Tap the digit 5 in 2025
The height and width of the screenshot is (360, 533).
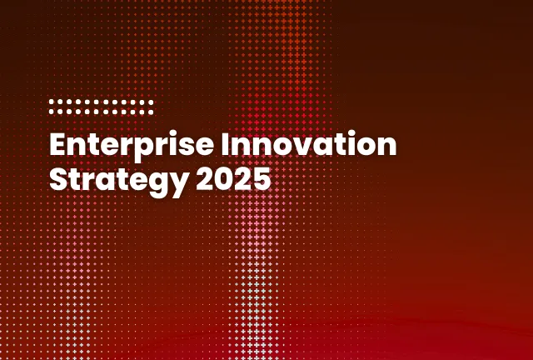click(262, 178)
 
